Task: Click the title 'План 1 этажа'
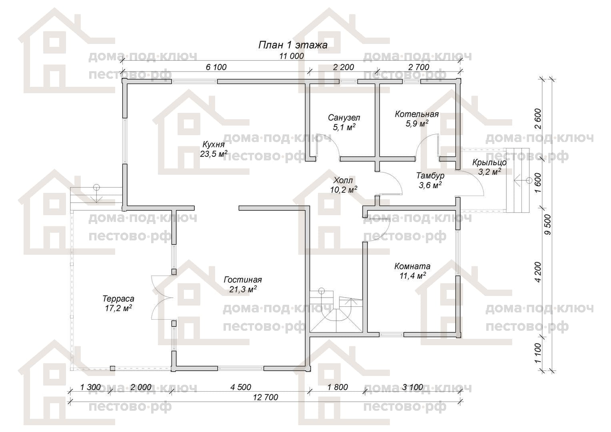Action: click(x=293, y=45)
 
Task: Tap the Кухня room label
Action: click(x=214, y=144)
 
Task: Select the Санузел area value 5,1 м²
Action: click(x=344, y=127)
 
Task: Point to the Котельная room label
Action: click(x=417, y=114)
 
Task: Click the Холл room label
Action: click(x=343, y=180)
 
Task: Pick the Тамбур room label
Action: click(x=430, y=176)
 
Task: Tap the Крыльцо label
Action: click(x=489, y=163)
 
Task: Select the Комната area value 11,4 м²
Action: click(x=413, y=276)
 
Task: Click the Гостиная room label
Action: click(x=243, y=280)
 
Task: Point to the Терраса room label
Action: click(x=118, y=299)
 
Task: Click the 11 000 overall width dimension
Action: click(x=292, y=56)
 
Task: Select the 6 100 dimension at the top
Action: click(x=216, y=67)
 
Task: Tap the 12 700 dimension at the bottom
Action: click(x=266, y=397)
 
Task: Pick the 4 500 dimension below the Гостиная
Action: click(x=241, y=387)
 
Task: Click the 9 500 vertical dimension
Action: click(x=548, y=224)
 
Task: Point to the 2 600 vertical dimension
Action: click(x=538, y=119)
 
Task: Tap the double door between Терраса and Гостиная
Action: click(x=162, y=298)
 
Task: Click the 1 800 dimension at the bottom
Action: click(x=337, y=387)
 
